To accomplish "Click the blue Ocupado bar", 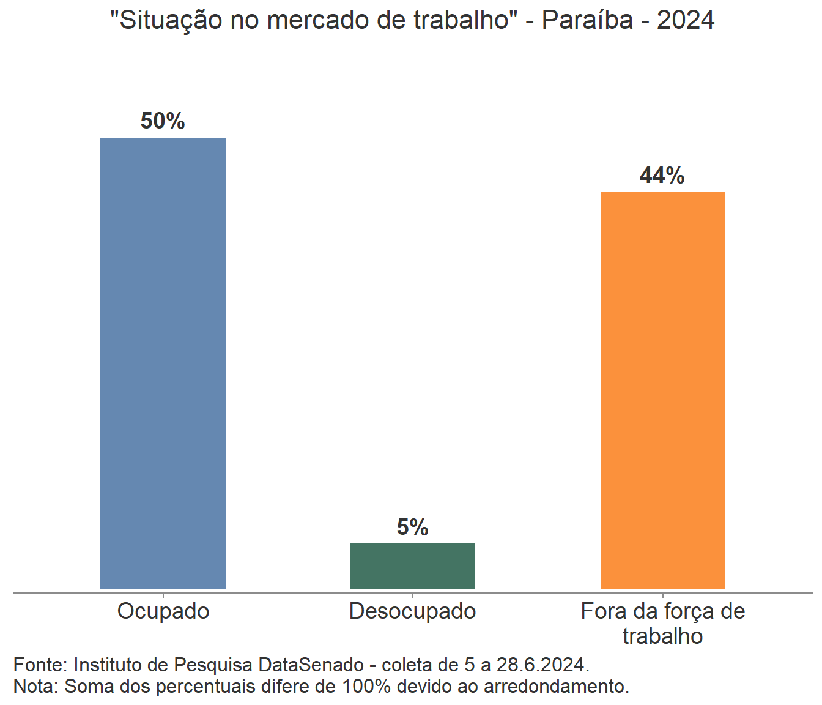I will point(163,363).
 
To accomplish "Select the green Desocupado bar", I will point(412,565).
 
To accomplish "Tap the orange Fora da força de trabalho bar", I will point(662,390).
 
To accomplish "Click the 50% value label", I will point(163,121).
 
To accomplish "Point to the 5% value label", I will point(412,528).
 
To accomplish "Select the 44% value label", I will point(662,176).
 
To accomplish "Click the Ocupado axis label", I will point(163,611).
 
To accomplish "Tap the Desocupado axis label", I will point(412,611).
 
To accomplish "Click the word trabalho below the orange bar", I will point(662,636).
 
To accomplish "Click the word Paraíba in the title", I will point(587,20).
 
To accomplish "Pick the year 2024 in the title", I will point(686,20).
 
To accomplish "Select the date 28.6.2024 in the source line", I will point(542,665).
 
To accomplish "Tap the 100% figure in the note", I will point(366,686).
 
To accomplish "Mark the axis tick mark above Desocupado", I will point(413,595).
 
